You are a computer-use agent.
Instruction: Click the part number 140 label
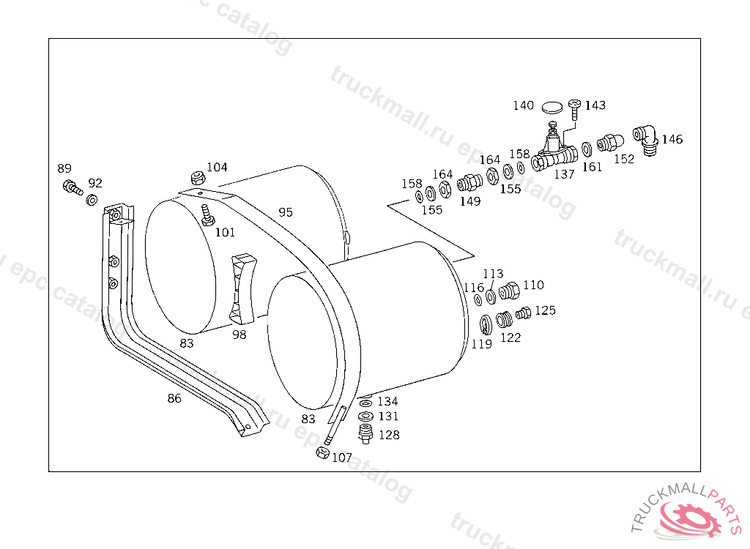(523, 105)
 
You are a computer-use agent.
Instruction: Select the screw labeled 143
(574, 110)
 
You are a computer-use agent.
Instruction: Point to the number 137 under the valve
(564, 174)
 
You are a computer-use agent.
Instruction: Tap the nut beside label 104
(196, 177)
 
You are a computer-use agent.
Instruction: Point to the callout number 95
(286, 212)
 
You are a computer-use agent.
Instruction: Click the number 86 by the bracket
(174, 398)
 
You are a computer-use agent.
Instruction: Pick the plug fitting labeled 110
(510, 291)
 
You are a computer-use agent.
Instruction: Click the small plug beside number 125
(522, 314)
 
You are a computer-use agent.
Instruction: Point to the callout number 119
(481, 344)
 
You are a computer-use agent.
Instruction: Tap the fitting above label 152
(609, 141)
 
